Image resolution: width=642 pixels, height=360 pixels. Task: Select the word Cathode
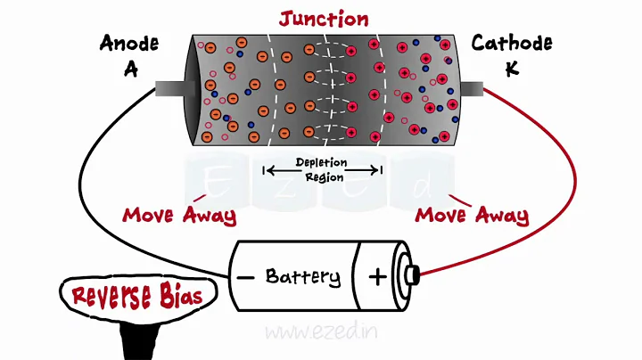tap(511, 43)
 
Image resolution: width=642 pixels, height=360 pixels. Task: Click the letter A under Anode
tap(131, 70)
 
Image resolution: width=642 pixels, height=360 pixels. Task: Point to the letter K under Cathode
tap(512, 70)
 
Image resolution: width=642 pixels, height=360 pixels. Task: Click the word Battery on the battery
tap(302, 276)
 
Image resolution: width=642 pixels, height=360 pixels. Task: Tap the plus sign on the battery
tap(378, 276)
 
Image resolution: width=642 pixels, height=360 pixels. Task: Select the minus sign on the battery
tap(245, 277)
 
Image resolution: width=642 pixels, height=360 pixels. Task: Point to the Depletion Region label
tap(321, 169)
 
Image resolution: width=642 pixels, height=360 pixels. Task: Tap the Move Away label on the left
tap(179, 216)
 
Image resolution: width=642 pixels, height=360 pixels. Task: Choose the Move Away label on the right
tap(472, 216)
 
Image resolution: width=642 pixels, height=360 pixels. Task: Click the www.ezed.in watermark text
tap(321, 331)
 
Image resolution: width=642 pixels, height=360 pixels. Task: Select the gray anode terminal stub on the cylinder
tap(169, 89)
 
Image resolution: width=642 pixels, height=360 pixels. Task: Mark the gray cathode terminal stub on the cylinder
tap(470, 89)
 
